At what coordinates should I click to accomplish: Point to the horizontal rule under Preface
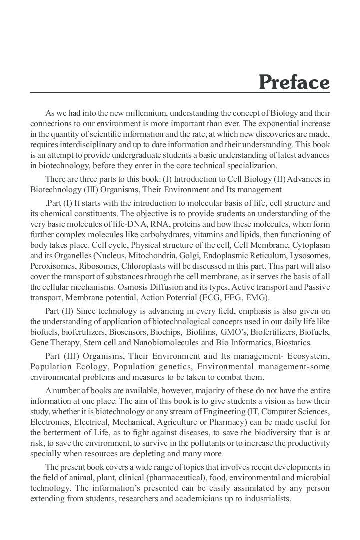[180, 93]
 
